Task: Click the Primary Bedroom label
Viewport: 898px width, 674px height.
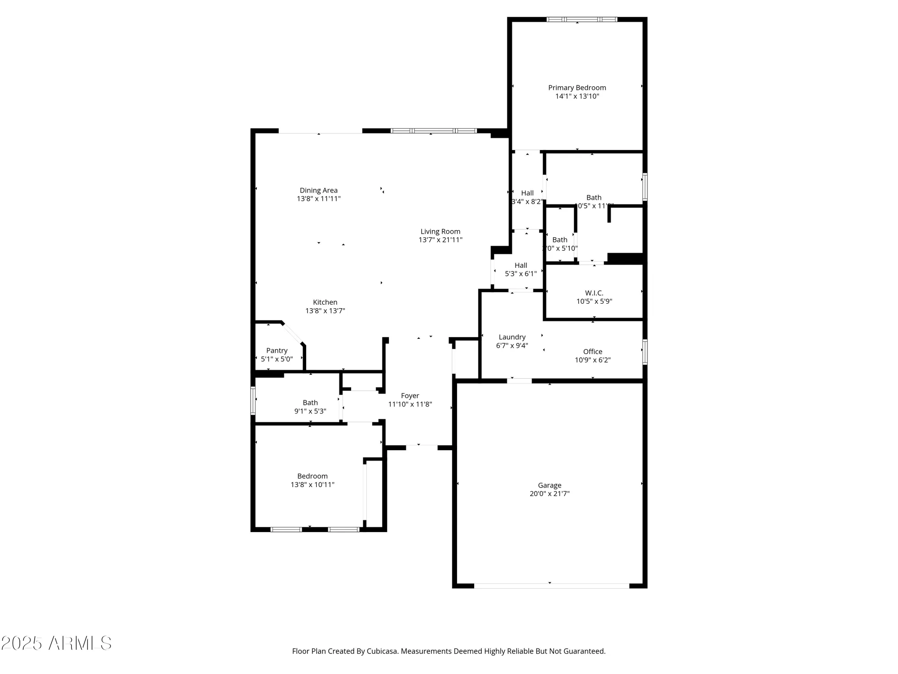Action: [x=577, y=88]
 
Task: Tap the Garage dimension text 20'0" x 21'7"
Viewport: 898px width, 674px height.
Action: [x=550, y=493]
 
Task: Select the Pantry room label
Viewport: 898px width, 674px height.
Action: [x=277, y=350]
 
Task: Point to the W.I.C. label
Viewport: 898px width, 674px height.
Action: [x=594, y=293]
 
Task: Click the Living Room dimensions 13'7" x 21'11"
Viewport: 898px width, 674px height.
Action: [x=440, y=240]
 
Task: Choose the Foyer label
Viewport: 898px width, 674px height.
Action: [x=410, y=395]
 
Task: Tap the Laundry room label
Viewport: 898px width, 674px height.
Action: [x=512, y=337]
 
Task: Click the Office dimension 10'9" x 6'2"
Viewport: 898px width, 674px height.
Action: [x=593, y=360]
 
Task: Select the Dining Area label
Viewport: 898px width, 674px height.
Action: [x=318, y=191]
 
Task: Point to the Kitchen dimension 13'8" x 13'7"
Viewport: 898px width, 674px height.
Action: [x=325, y=310]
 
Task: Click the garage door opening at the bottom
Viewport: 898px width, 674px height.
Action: [x=551, y=586]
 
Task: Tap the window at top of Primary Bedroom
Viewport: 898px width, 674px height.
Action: [x=581, y=19]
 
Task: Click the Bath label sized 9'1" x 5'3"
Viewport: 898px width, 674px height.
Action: [x=310, y=403]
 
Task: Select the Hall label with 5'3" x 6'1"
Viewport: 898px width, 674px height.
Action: [x=521, y=265]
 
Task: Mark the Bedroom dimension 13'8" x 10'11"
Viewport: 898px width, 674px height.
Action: [x=313, y=484]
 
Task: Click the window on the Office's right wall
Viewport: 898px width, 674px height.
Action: [x=645, y=352]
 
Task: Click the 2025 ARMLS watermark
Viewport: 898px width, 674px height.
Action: [x=56, y=643]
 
